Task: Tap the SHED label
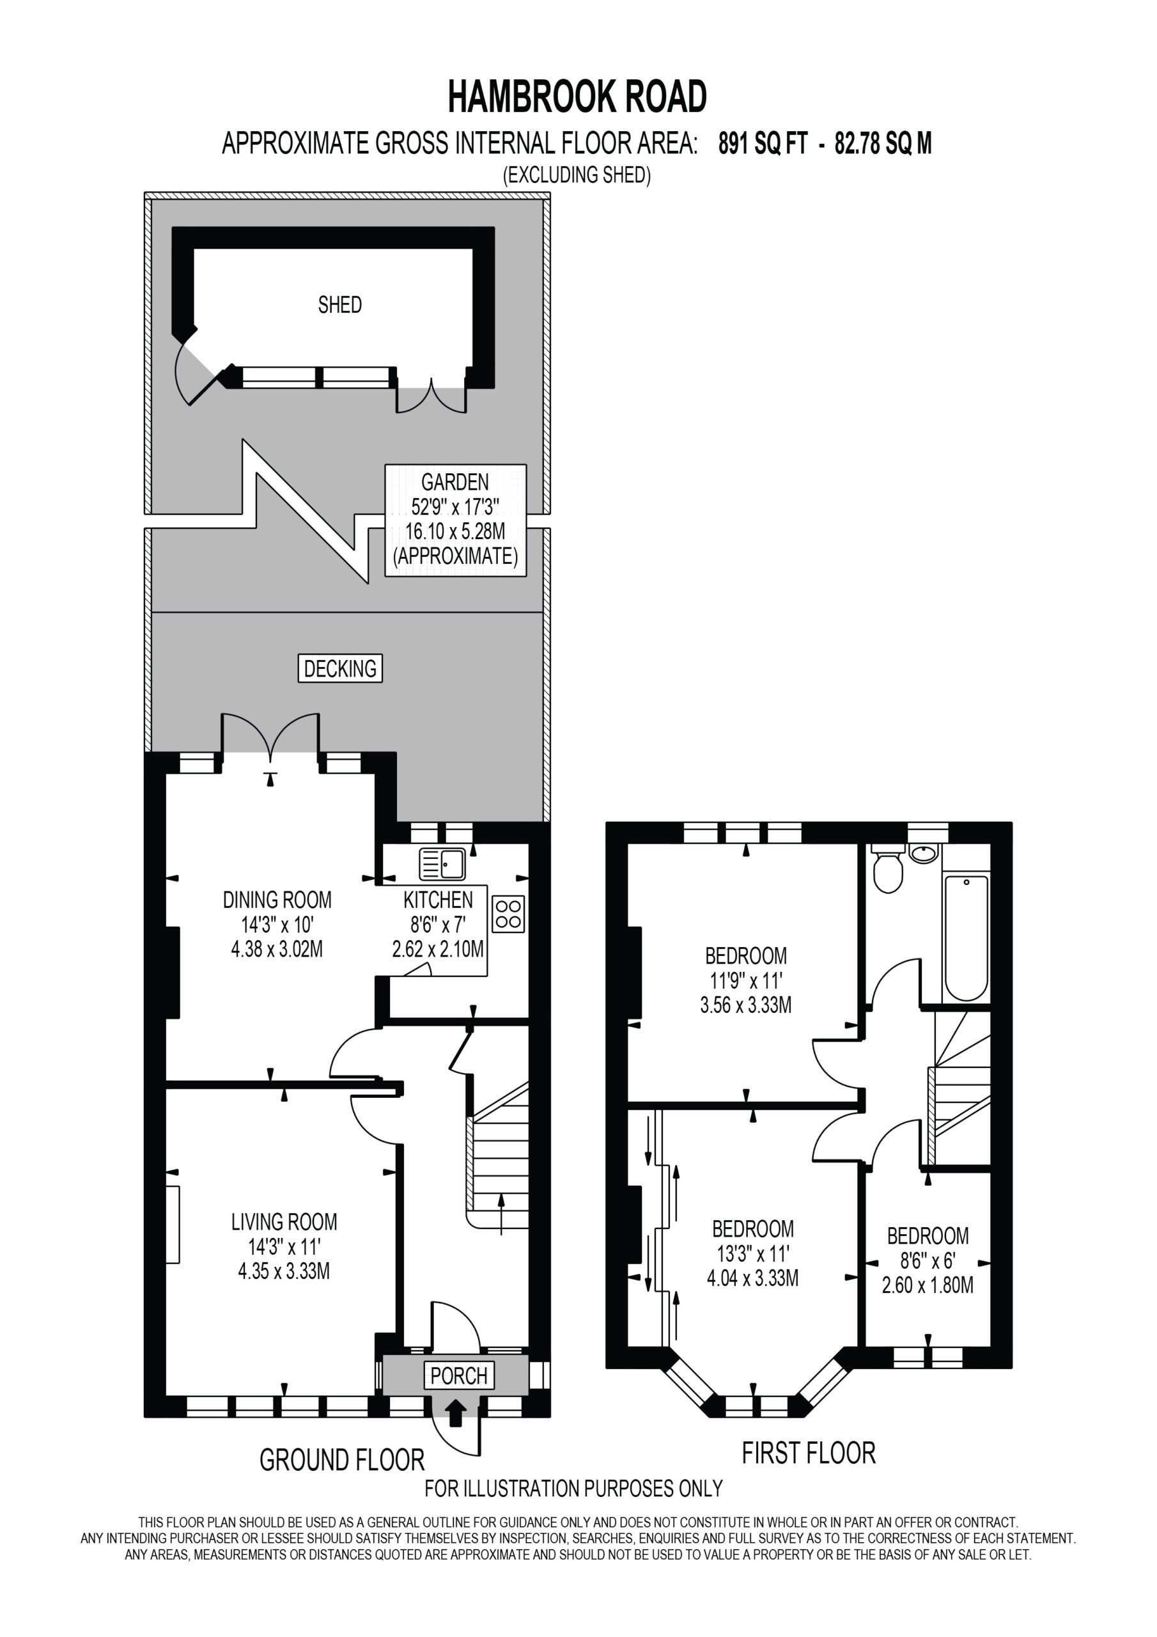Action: tap(340, 304)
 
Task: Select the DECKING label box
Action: tap(340, 668)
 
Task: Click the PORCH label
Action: tap(459, 1375)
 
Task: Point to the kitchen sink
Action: tap(442, 863)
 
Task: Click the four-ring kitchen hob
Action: tap(508, 913)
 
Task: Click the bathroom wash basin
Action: tap(924, 854)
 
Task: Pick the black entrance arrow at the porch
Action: tap(456, 1412)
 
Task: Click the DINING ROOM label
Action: tap(277, 900)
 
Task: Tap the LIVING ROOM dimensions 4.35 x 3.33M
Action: tap(284, 1271)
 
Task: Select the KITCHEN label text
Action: tap(438, 900)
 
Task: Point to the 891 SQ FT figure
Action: tap(763, 144)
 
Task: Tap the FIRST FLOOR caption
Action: tap(809, 1453)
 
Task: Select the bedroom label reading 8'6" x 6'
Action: tap(928, 1260)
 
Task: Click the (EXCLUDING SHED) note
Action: tap(577, 175)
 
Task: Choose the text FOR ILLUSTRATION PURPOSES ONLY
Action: tap(574, 1489)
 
